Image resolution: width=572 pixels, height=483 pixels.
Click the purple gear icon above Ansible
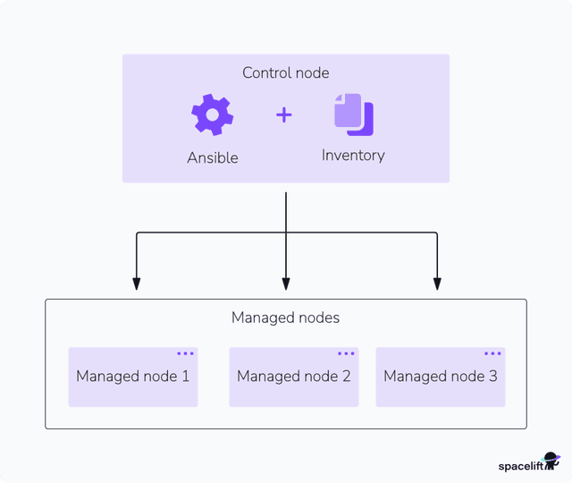click(x=212, y=114)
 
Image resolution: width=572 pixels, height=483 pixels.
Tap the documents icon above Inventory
click(x=353, y=114)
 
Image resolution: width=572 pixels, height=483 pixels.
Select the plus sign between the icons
click(x=283, y=114)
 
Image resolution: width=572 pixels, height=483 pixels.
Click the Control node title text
click(x=285, y=72)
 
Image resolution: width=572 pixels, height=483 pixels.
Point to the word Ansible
click(x=213, y=157)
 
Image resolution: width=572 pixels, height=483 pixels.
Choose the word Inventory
click(x=353, y=156)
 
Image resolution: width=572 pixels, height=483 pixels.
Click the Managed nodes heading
click(x=285, y=318)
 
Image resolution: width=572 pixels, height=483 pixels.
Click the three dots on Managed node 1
click(x=185, y=354)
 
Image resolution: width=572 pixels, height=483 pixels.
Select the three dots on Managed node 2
click(x=346, y=354)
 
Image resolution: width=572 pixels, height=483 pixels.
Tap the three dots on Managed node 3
click(x=492, y=354)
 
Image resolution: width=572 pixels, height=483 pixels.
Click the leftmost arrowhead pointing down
click(x=136, y=284)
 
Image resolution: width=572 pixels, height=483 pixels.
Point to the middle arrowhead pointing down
click(x=286, y=284)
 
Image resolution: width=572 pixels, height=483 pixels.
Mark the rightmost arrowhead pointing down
click(x=437, y=284)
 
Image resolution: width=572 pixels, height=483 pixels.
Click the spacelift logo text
click(x=520, y=465)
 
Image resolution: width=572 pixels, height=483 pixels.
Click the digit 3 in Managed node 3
click(x=492, y=377)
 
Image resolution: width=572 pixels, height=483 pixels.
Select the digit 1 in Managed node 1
click(x=185, y=377)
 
